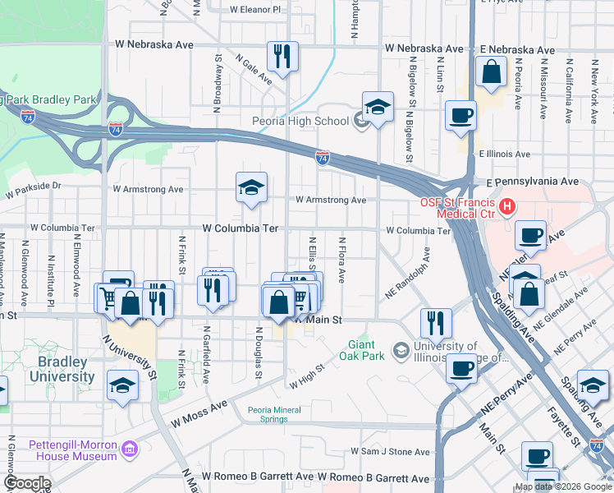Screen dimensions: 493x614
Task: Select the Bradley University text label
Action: tap(62, 369)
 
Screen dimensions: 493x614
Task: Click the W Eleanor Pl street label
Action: tap(254, 10)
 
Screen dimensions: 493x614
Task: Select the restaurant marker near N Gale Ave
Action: tap(282, 57)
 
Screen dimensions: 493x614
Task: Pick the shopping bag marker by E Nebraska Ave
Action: tap(491, 72)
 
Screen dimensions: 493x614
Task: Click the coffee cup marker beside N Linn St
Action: tap(460, 115)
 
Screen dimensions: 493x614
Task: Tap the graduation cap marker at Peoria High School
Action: tap(378, 107)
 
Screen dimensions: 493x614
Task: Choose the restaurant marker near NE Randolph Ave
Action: tap(435, 322)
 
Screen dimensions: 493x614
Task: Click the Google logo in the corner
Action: tap(27, 483)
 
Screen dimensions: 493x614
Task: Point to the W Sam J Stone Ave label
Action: tap(390, 452)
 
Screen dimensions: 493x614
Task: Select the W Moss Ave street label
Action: tap(199, 414)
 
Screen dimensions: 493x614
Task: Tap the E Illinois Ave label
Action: tap(504, 154)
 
